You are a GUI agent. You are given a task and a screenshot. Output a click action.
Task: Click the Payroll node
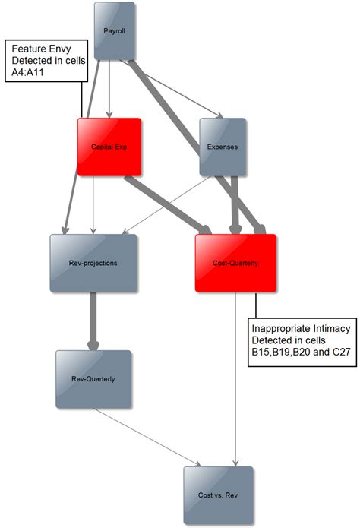coord(115,31)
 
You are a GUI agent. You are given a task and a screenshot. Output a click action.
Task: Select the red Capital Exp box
coord(109,146)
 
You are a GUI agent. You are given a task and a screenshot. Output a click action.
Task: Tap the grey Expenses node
coord(223,146)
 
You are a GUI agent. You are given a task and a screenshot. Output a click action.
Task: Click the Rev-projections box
coord(93,264)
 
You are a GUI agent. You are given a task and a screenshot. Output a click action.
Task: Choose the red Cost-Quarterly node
coord(235,263)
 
